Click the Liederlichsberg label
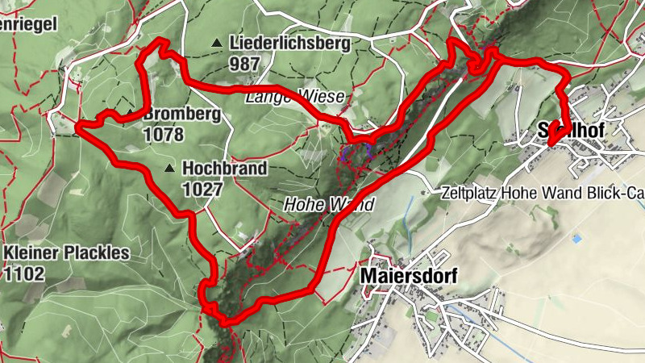coord(289,44)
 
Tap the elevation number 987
coord(245,62)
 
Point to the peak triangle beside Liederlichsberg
coord(216,43)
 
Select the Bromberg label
coord(181,115)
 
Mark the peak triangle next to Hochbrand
coord(169,169)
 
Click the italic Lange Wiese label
coord(295,98)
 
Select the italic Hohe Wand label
coord(328,205)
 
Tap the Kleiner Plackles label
coord(66,253)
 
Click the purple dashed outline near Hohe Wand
coord(356,153)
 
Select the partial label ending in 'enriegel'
coord(29,23)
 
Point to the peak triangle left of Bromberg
coord(131,112)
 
